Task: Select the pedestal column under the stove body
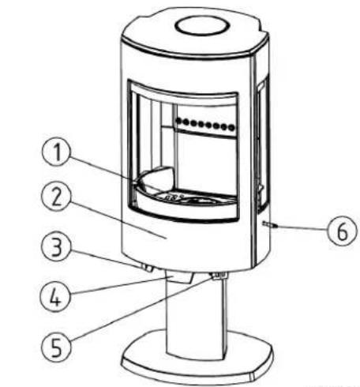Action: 193,316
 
